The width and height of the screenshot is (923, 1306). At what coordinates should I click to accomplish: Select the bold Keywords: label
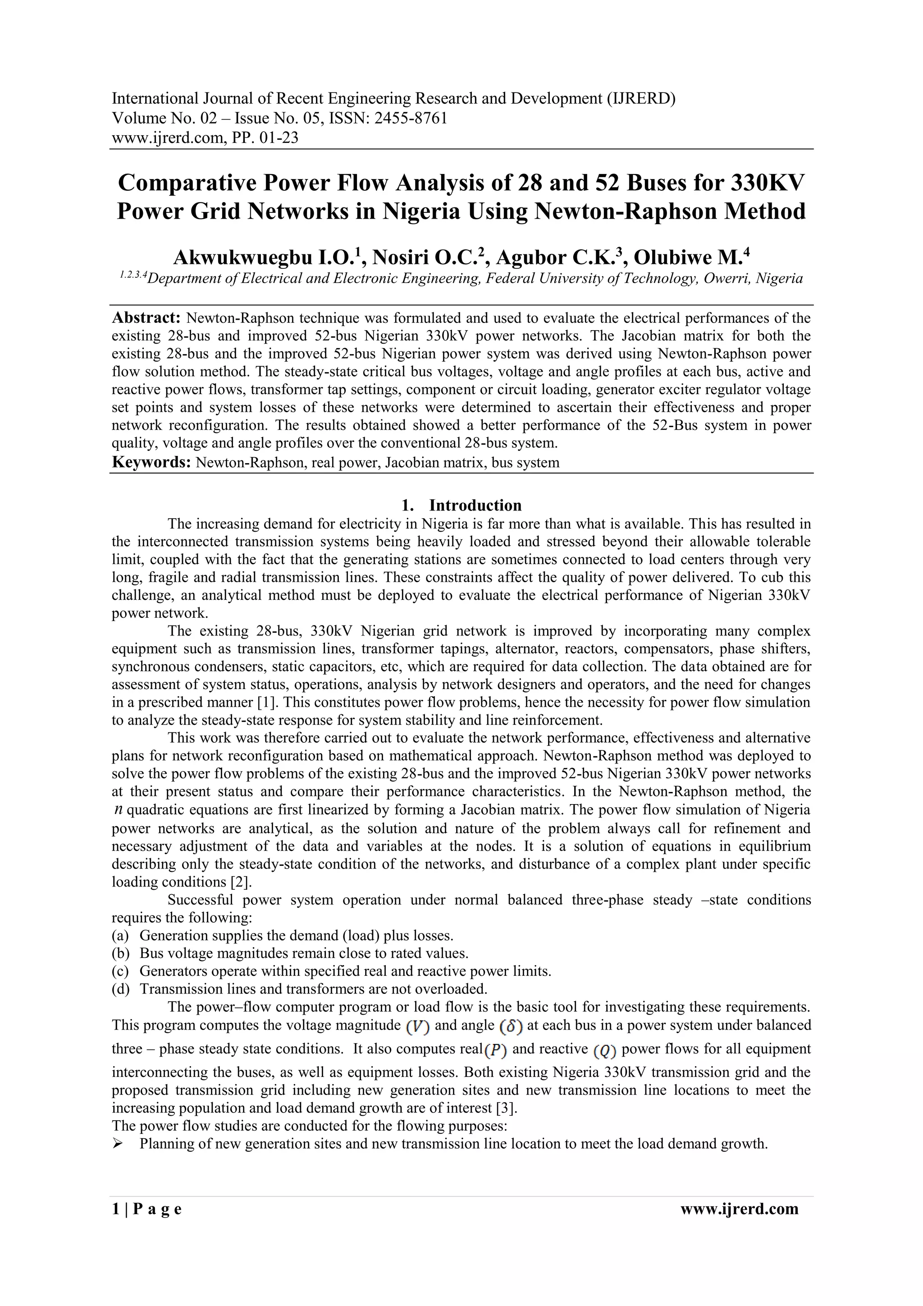tap(151, 462)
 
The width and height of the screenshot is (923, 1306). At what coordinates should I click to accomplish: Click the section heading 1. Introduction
tap(461, 505)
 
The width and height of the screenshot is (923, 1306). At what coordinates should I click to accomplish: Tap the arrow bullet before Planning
tap(118, 1144)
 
